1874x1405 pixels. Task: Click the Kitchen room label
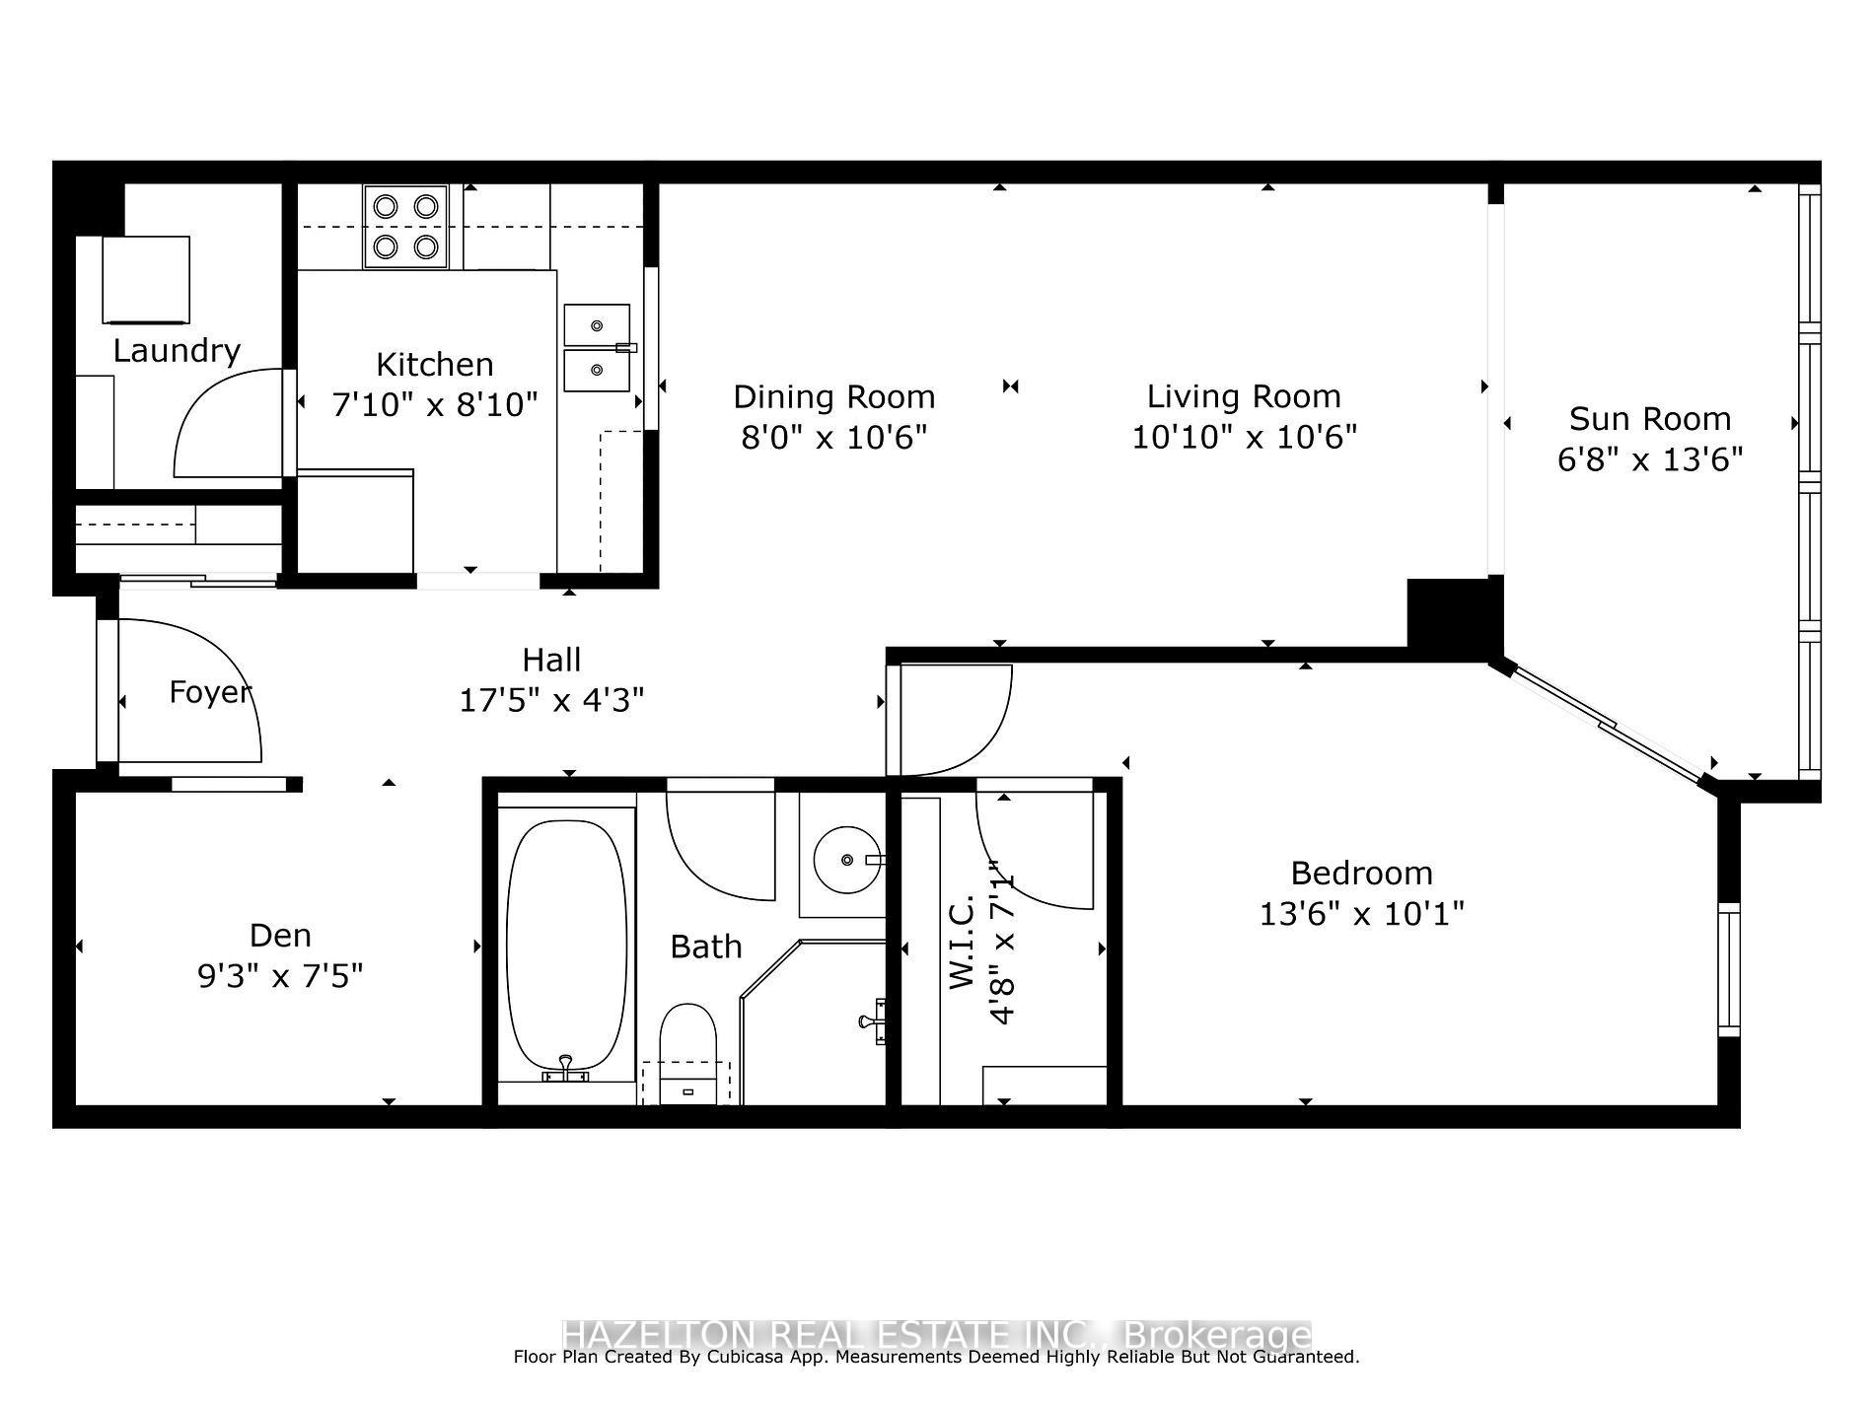coord(434,364)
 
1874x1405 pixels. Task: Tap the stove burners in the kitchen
coord(405,226)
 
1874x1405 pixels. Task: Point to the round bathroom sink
coord(846,860)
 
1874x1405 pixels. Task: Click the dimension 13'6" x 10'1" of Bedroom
coord(1361,913)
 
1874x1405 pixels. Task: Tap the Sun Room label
coord(1650,419)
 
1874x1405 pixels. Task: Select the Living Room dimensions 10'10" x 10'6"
coord(1244,436)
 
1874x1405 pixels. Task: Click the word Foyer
coord(209,691)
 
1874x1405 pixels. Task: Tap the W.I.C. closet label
coord(962,942)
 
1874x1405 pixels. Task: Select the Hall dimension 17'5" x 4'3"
coord(551,700)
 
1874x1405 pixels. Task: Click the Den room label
coord(280,935)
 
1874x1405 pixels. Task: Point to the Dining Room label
coord(833,396)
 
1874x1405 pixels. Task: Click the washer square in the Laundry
coord(146,279)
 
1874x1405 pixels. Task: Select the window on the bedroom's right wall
coord(1729,969)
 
